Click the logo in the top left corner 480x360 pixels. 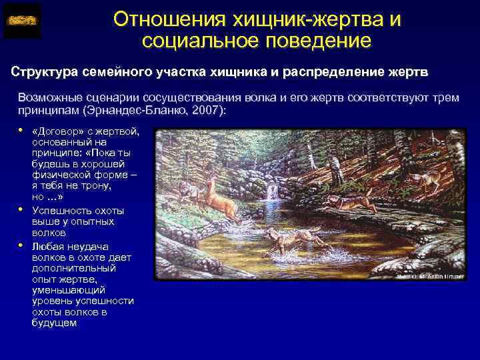click(x=22, y=21)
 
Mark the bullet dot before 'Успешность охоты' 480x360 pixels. click(x=21, y=210)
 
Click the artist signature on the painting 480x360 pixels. click(x=430, y=275)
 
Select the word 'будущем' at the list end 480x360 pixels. click(x=54, y=323)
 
